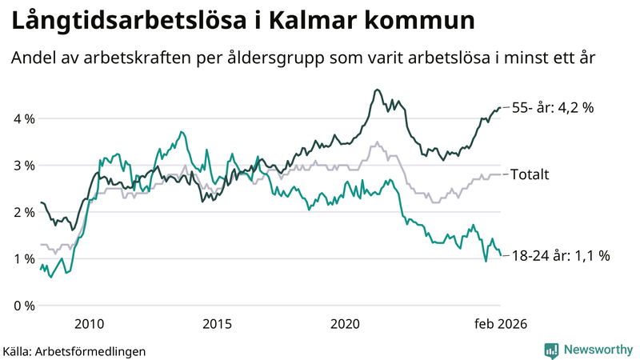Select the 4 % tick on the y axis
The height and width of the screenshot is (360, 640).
coord(23,119)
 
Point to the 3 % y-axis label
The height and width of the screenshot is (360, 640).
coord(23,166)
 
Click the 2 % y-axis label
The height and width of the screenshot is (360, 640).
coord(23,212)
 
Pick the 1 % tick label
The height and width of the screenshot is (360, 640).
coord(23,258)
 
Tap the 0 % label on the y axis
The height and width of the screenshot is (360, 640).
coord(23,306)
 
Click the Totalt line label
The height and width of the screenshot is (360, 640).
coord(530,174)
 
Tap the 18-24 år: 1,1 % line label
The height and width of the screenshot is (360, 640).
coord(560,256)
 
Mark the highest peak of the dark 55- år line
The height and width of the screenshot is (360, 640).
coord(378,90)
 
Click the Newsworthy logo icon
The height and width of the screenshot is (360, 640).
coord(551,350)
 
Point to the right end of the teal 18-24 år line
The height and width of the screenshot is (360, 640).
coord(501,256)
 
